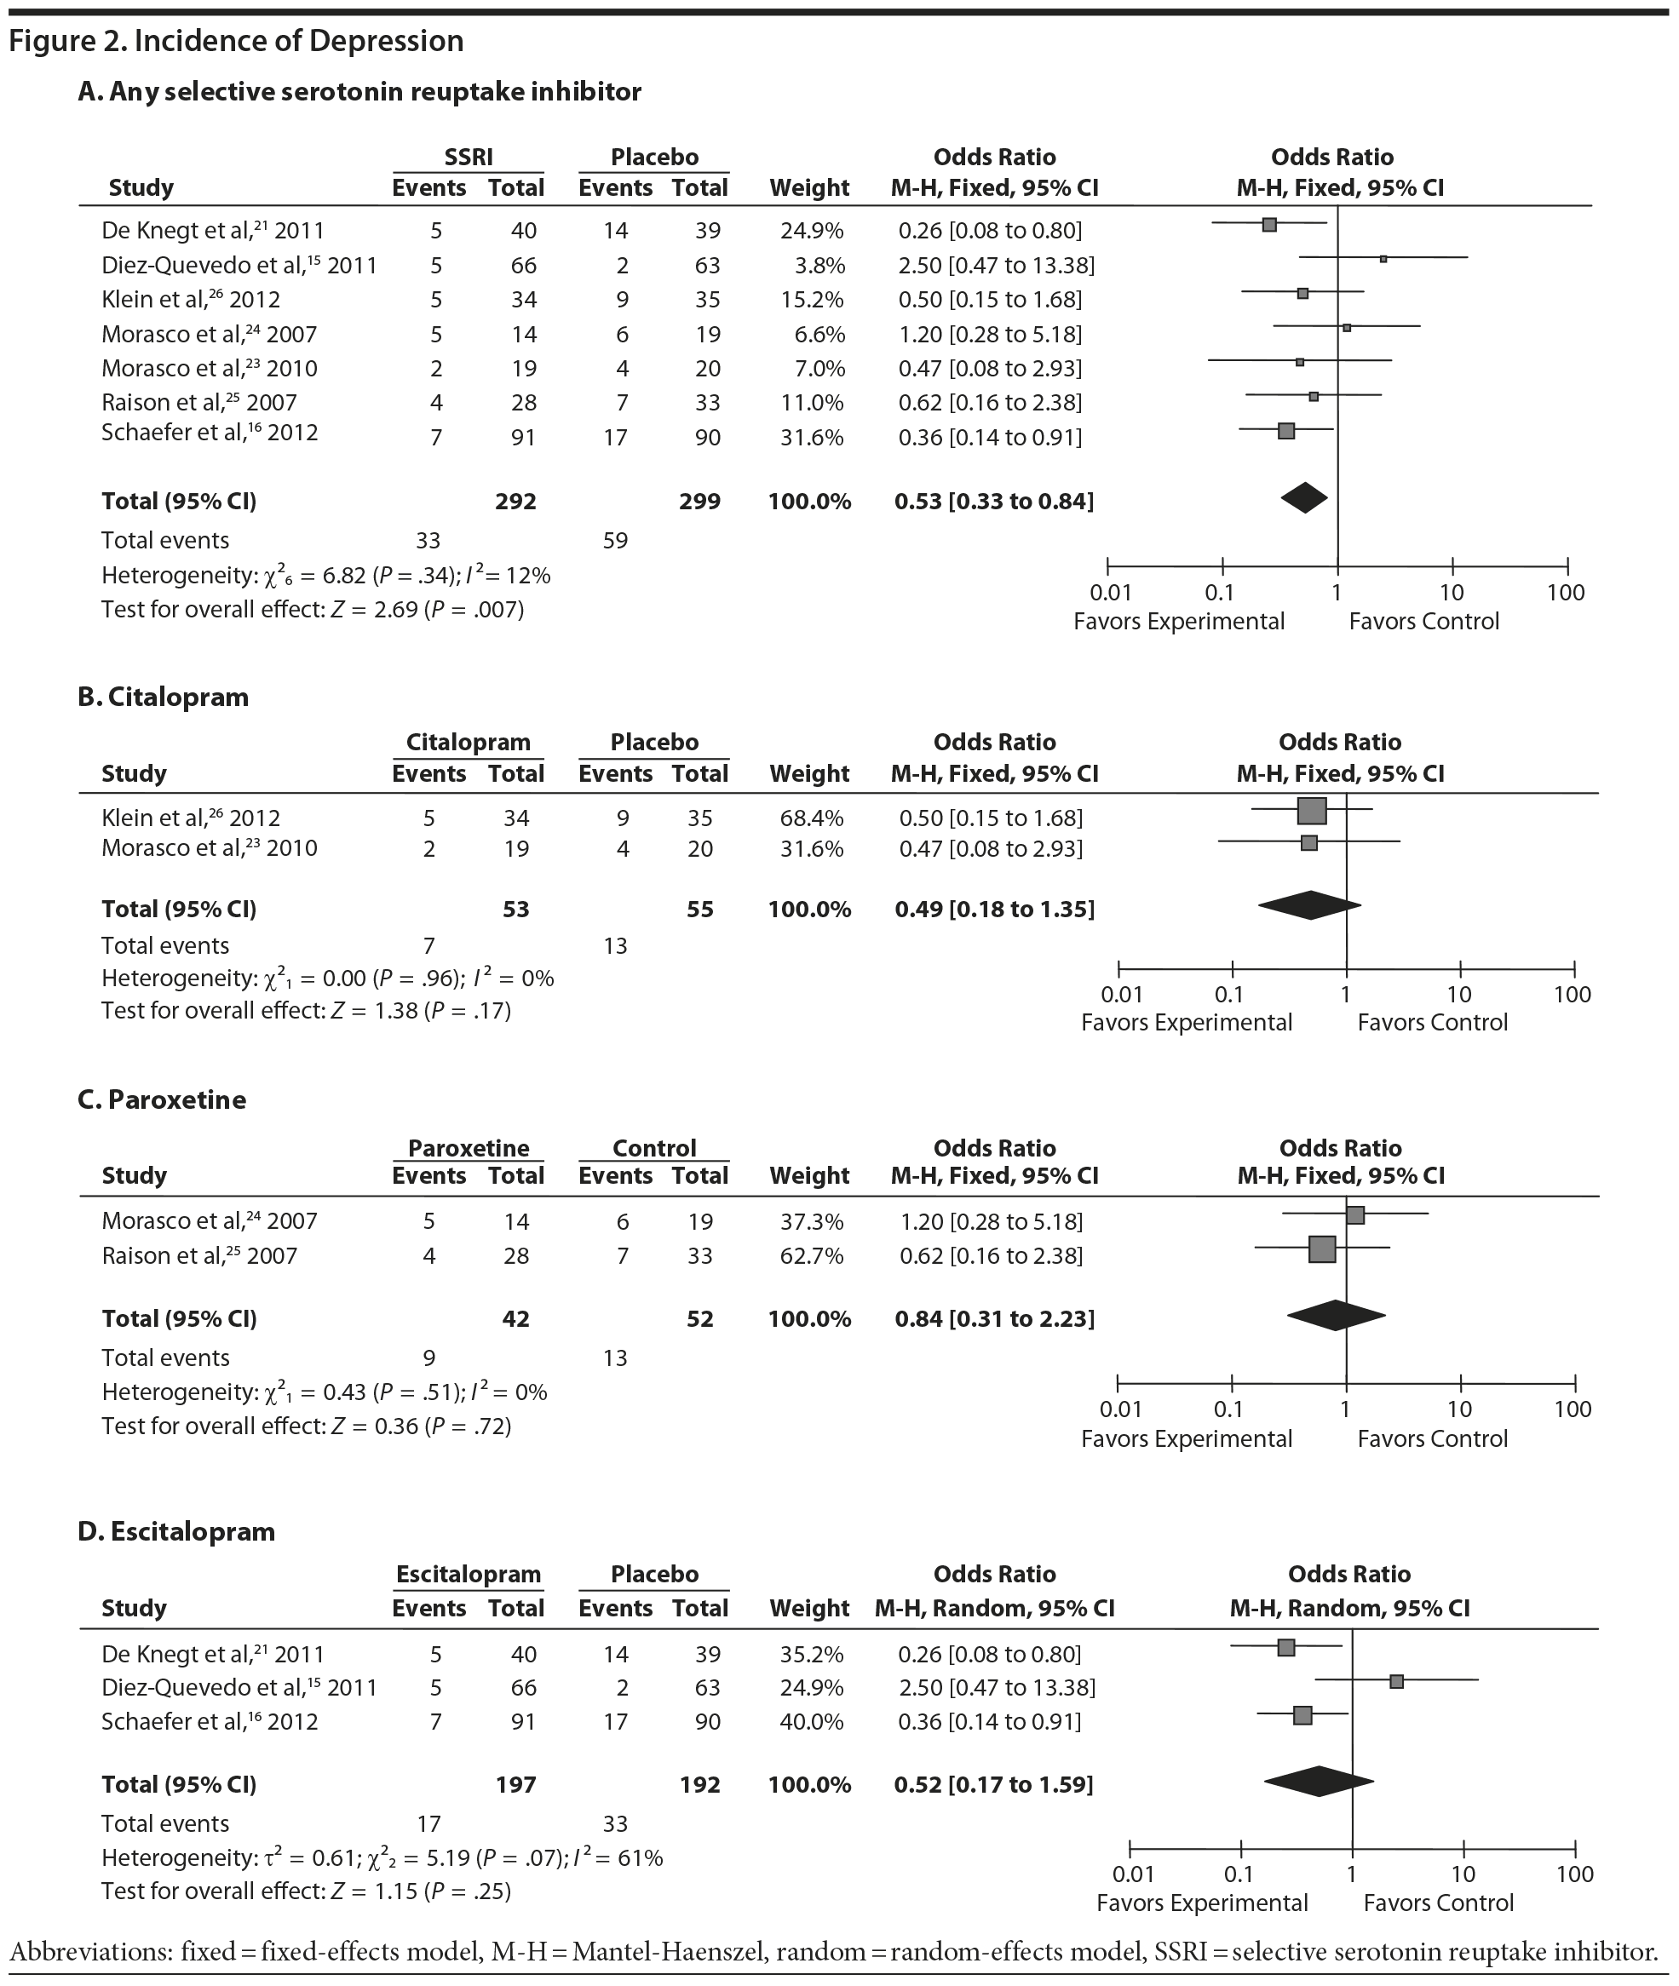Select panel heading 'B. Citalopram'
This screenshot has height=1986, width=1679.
tap(163, 697)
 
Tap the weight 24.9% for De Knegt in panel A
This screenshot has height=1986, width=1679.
tap(809, 230)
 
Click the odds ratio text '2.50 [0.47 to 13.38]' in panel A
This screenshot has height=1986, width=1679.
tap(997, 265)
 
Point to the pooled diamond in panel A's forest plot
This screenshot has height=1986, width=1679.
tap(1304, 497)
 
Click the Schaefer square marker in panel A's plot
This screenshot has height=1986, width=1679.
tap(1286, 431)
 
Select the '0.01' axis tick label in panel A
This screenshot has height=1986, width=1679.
tap(1110, 593)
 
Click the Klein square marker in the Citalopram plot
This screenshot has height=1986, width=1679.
tap(1312, 811)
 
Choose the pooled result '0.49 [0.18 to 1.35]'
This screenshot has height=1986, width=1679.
tap(995, 909)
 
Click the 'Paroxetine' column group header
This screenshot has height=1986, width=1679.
tap(469, 1148)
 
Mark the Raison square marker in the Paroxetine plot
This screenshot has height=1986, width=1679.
tap(1322, 1248)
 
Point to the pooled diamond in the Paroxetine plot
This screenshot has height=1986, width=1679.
tap(1336, 1315)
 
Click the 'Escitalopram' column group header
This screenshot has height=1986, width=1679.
tap(469, 1574)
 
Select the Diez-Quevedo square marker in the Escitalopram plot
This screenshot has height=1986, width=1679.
tap(1396, 1681)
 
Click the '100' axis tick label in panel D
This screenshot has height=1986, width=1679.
tap(1574, 1874)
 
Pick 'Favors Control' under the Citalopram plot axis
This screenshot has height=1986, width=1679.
tap(1433, 1023)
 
